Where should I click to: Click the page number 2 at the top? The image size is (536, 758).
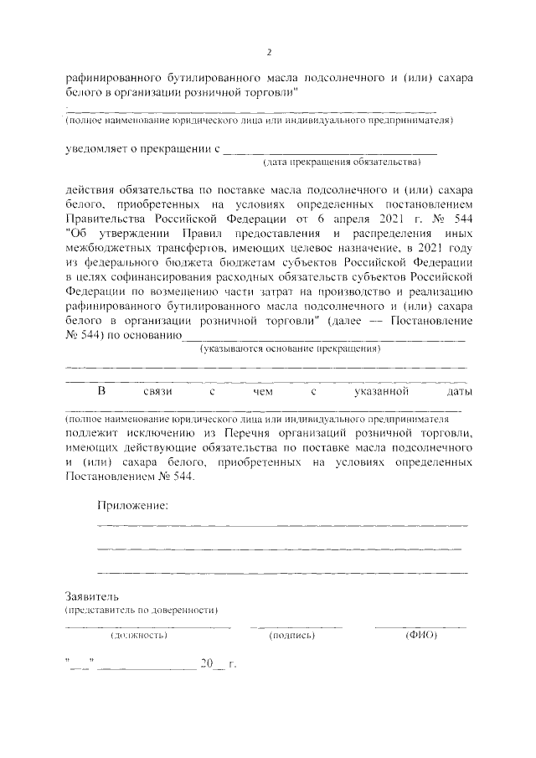269,52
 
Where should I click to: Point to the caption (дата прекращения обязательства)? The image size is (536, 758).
340,161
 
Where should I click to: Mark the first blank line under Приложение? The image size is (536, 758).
282,524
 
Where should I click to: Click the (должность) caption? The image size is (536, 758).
139,637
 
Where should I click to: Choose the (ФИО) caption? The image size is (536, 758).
421,637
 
